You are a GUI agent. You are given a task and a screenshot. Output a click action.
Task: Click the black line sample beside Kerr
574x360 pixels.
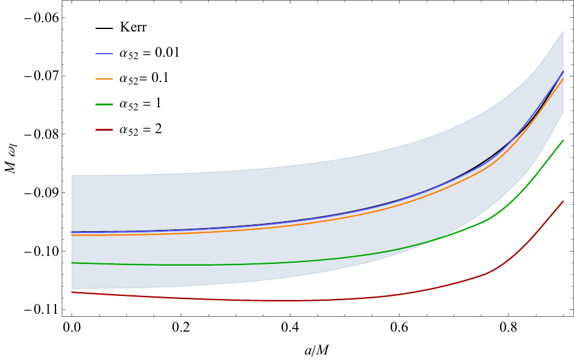click(x=103, y=29)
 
